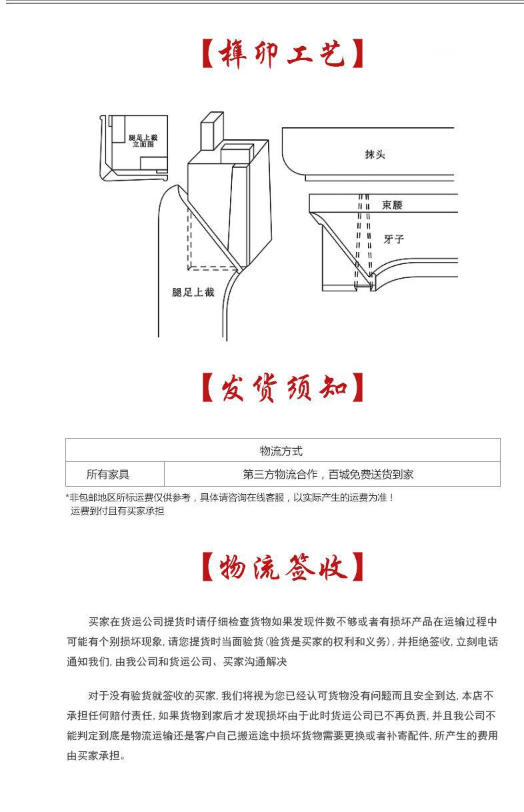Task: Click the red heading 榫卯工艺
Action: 283,55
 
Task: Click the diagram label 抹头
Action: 375,155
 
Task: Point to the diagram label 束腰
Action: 392,205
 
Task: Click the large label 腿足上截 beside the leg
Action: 193,292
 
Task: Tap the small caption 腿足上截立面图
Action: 143,140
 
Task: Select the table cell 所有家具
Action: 107,475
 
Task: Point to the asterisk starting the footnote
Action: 68,497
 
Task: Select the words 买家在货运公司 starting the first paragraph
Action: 121,621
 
